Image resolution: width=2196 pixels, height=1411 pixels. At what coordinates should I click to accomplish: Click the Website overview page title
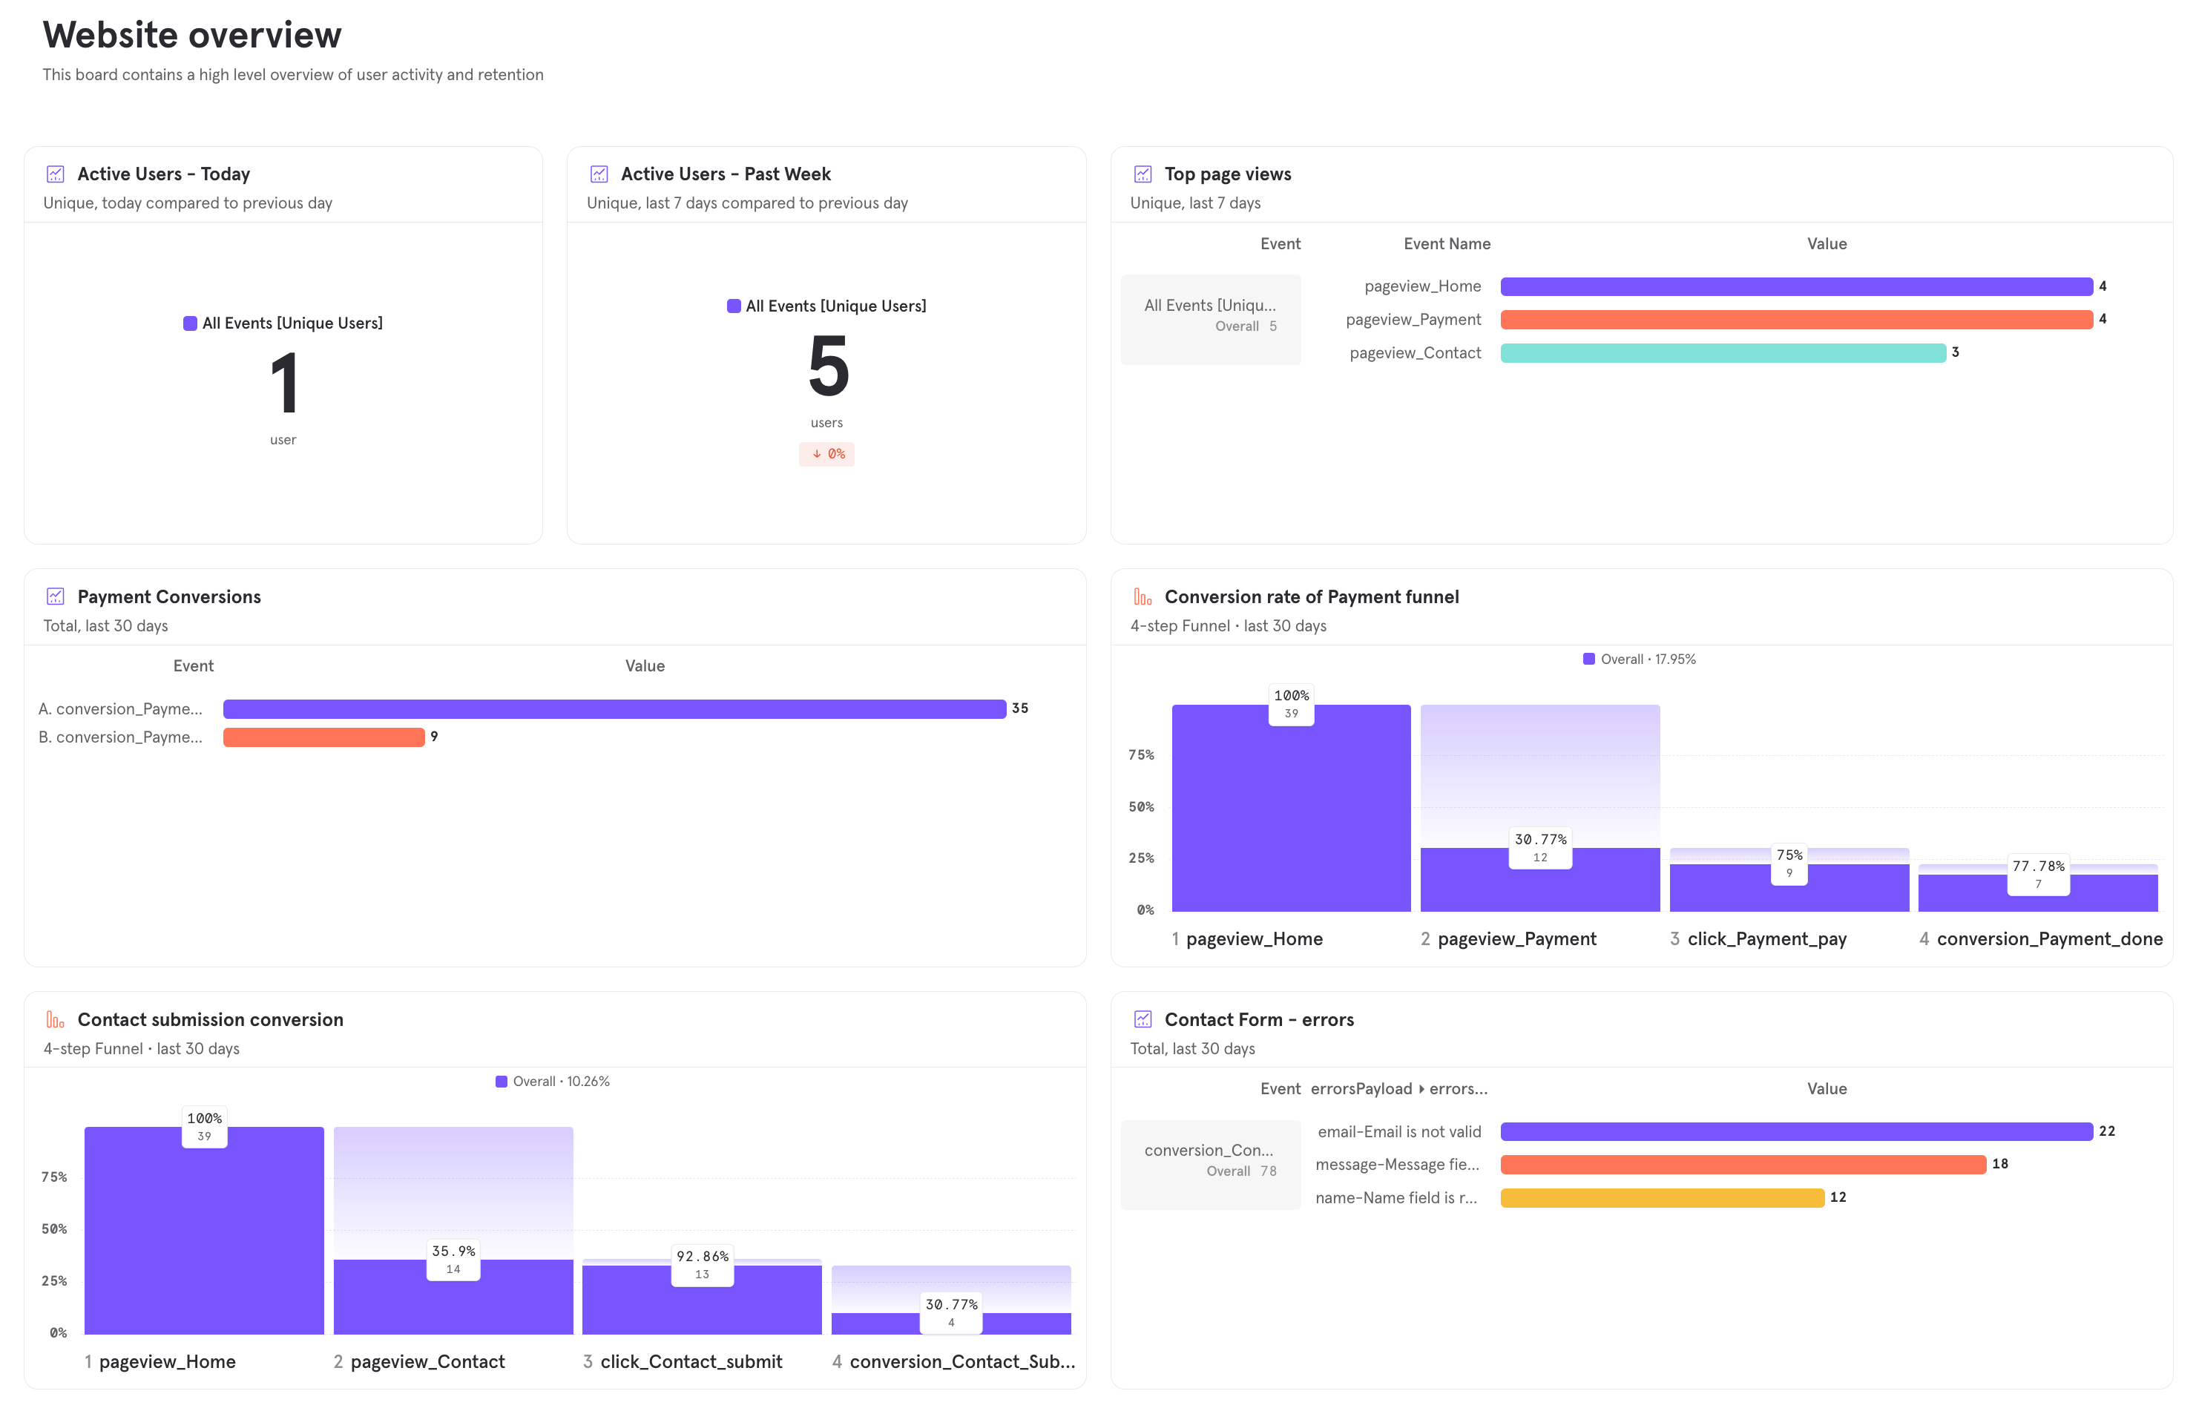click(x=191, y=35)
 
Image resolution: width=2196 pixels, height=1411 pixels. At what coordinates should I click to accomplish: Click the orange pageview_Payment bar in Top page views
click(x=1795, y=320)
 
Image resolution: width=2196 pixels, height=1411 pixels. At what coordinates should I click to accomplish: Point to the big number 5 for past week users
click(x=827, y=366)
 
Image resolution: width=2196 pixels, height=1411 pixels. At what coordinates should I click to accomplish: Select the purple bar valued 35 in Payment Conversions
click(x=614, y=709)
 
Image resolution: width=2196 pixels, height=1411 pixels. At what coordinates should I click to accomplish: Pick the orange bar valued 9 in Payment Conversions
click(x=323, y=737)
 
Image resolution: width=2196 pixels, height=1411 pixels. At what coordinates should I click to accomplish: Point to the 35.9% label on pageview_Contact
click(x=453, y=1252)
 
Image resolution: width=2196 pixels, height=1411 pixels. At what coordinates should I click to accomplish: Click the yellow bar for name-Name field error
click(x=1661, y=1197)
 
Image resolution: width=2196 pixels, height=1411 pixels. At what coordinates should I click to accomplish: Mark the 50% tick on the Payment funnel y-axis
click(x=1140, y=807)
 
